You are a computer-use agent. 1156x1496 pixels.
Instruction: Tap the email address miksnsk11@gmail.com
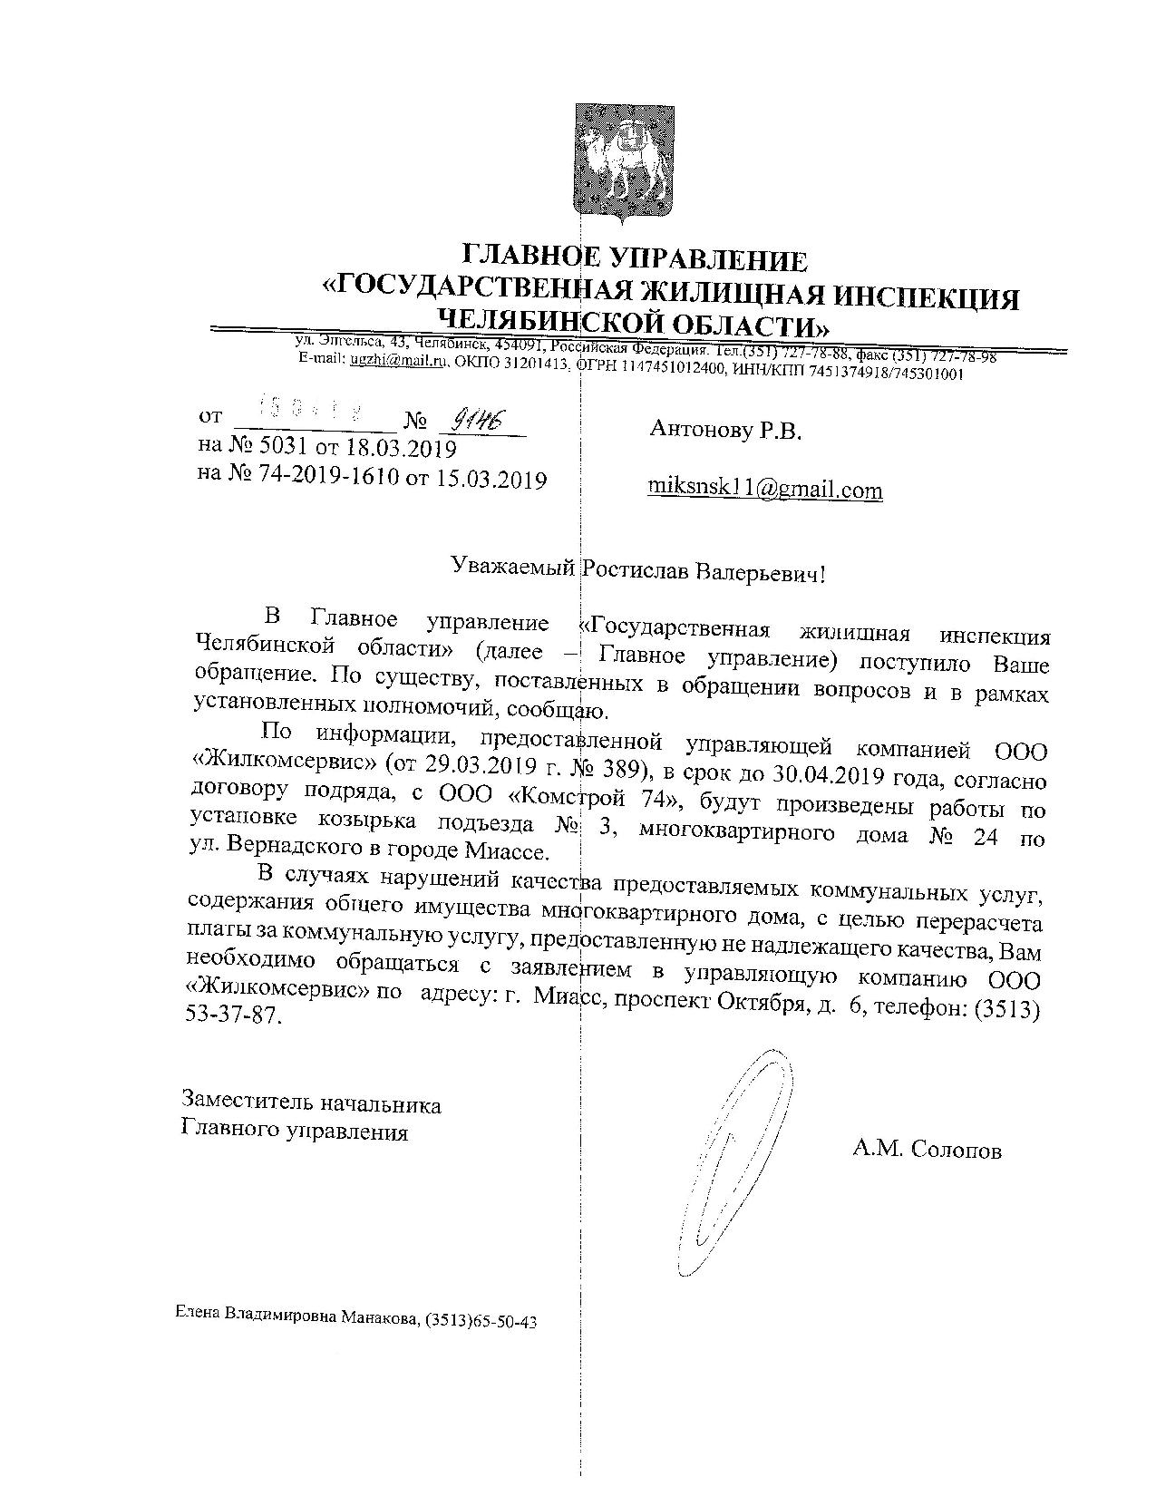(x=764, y=490)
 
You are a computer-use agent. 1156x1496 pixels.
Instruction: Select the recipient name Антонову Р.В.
(x=725, y=431)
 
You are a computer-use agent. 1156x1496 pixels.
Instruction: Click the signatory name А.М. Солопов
(x=926, y=1151)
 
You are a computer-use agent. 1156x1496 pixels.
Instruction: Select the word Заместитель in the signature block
(x=239, y=1103)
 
